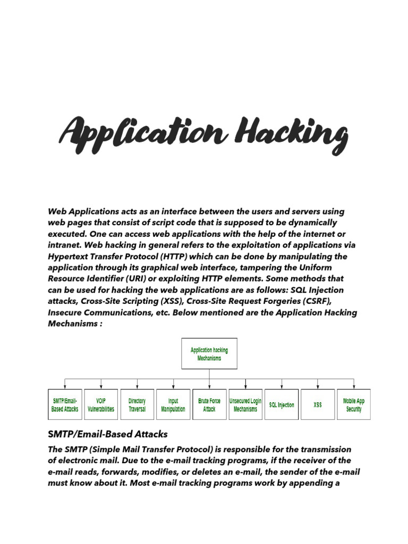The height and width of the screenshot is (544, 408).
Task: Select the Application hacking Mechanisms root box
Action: pyautogui.click(x=209, y=354)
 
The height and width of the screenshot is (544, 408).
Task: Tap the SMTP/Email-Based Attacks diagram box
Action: pyautogui.click(x=65, y=405)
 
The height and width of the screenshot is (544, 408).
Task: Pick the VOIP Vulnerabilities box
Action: pyautogui.click(x=101, y=405)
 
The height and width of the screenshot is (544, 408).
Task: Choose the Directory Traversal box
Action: pyautogui.click(x=137, y=405)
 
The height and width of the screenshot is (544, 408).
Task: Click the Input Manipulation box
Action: pyautogui.click(x=173, y=405)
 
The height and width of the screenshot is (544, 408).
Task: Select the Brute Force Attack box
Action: pyautogui.click(x=209, y=405)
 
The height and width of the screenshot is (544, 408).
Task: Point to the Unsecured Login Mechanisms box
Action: pyautogui.click(x=245, y=405)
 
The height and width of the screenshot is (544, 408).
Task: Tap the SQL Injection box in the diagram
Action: pyautogui.click(x=282, y=405)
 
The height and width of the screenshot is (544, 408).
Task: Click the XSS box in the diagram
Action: pyautogui.click(x=318, y=405)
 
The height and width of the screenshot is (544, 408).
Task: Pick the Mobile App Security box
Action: pyautogui.click(x=354, y=405)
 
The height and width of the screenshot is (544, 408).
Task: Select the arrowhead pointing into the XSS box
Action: pyautogui.click(x=318, y=387)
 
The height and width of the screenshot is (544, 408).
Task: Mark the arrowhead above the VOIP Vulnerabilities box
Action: pyautogui.click(x=101, y=387)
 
